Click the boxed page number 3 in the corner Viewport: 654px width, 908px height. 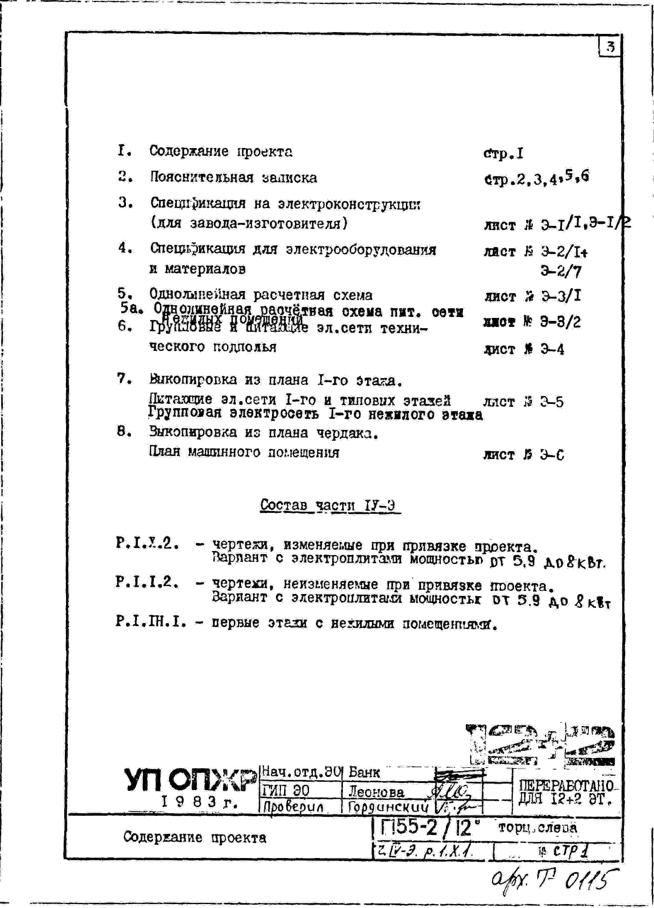(x=609, y=47)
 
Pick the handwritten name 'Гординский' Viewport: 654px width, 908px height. (x=388, y=807)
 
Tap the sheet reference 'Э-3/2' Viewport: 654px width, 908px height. (x=560, y=322)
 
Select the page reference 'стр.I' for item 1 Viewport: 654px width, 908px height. (x=503, y=153)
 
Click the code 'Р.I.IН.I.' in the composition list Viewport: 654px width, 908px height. (x=151, y=622)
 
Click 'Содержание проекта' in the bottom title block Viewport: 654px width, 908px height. (x=195, y=837)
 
